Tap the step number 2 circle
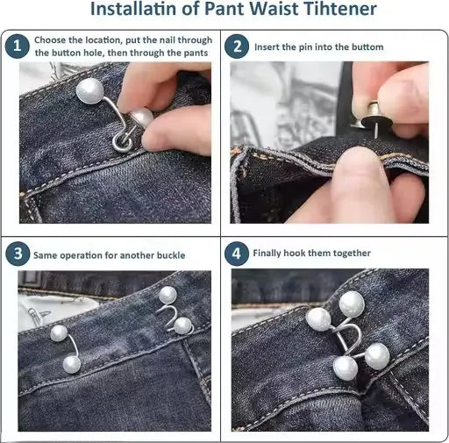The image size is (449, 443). (237, 46)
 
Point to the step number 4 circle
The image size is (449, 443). (237, 254)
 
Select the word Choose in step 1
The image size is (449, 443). (52, 40)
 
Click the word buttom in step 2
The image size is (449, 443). (367, 46)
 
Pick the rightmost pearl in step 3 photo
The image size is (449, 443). (182, 325)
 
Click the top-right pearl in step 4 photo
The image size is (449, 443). (352, 304)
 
